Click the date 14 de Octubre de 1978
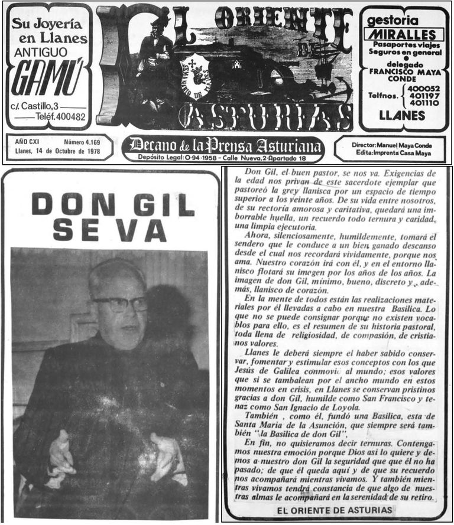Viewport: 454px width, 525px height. coord(61,151)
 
